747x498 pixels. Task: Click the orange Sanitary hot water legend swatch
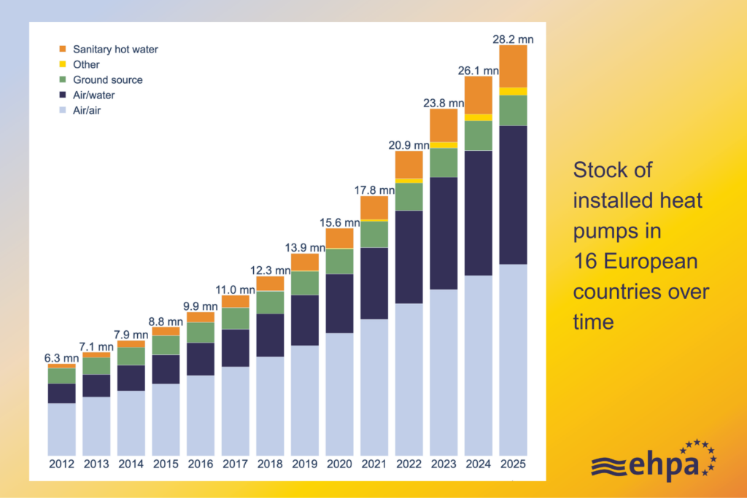[x=62, y=50]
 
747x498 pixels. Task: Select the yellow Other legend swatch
[x=62, y=65]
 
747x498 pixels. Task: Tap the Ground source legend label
[x=107, y=79]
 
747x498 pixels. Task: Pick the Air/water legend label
[x=93, y=95]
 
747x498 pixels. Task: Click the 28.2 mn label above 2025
[x=513, y=39]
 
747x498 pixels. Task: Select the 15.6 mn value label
[x=339, y=222]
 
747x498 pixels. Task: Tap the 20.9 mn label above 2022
[x=409, y=144]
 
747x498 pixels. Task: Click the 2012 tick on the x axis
[x=62, y=464]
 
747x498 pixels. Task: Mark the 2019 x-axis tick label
[x=304, y=464]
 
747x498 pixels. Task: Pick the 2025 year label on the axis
[x=513, y=464]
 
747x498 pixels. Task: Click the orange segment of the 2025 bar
[x=513, y=66]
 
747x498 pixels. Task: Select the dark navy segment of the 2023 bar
[x=444, y=233]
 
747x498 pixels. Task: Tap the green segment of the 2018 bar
[x=270, y=302]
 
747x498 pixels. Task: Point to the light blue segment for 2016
[x=201, y=416]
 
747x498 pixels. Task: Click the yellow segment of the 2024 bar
[x=478, y=117]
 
